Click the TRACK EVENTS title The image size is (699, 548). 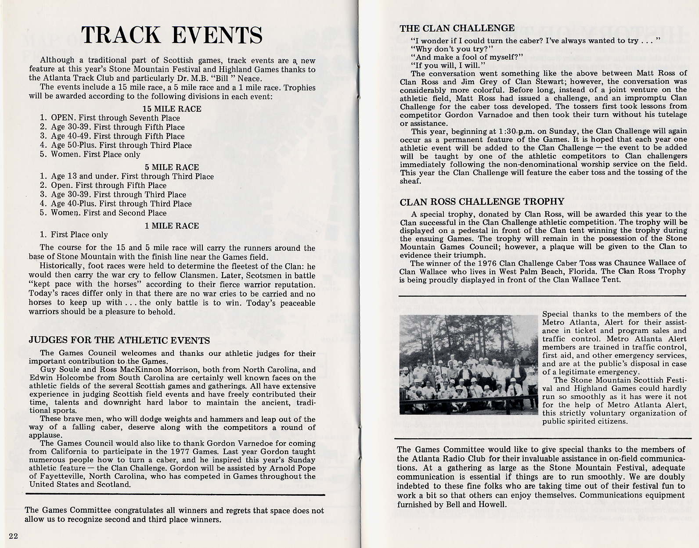pos(172,35)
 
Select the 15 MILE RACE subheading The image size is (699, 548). pos(172,109)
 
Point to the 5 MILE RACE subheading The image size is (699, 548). pos(172,167)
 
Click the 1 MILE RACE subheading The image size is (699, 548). pos(172,226)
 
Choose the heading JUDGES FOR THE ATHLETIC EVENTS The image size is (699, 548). pos(119,340)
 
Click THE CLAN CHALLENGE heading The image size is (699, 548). pos(457,29)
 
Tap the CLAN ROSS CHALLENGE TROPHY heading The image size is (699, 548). pos(482,202)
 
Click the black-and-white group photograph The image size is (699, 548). pos(468,365)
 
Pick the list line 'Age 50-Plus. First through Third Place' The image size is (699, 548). pos(121,145)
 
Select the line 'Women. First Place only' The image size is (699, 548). pos(95,154)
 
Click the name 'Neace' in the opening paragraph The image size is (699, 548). pos(249,79)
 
